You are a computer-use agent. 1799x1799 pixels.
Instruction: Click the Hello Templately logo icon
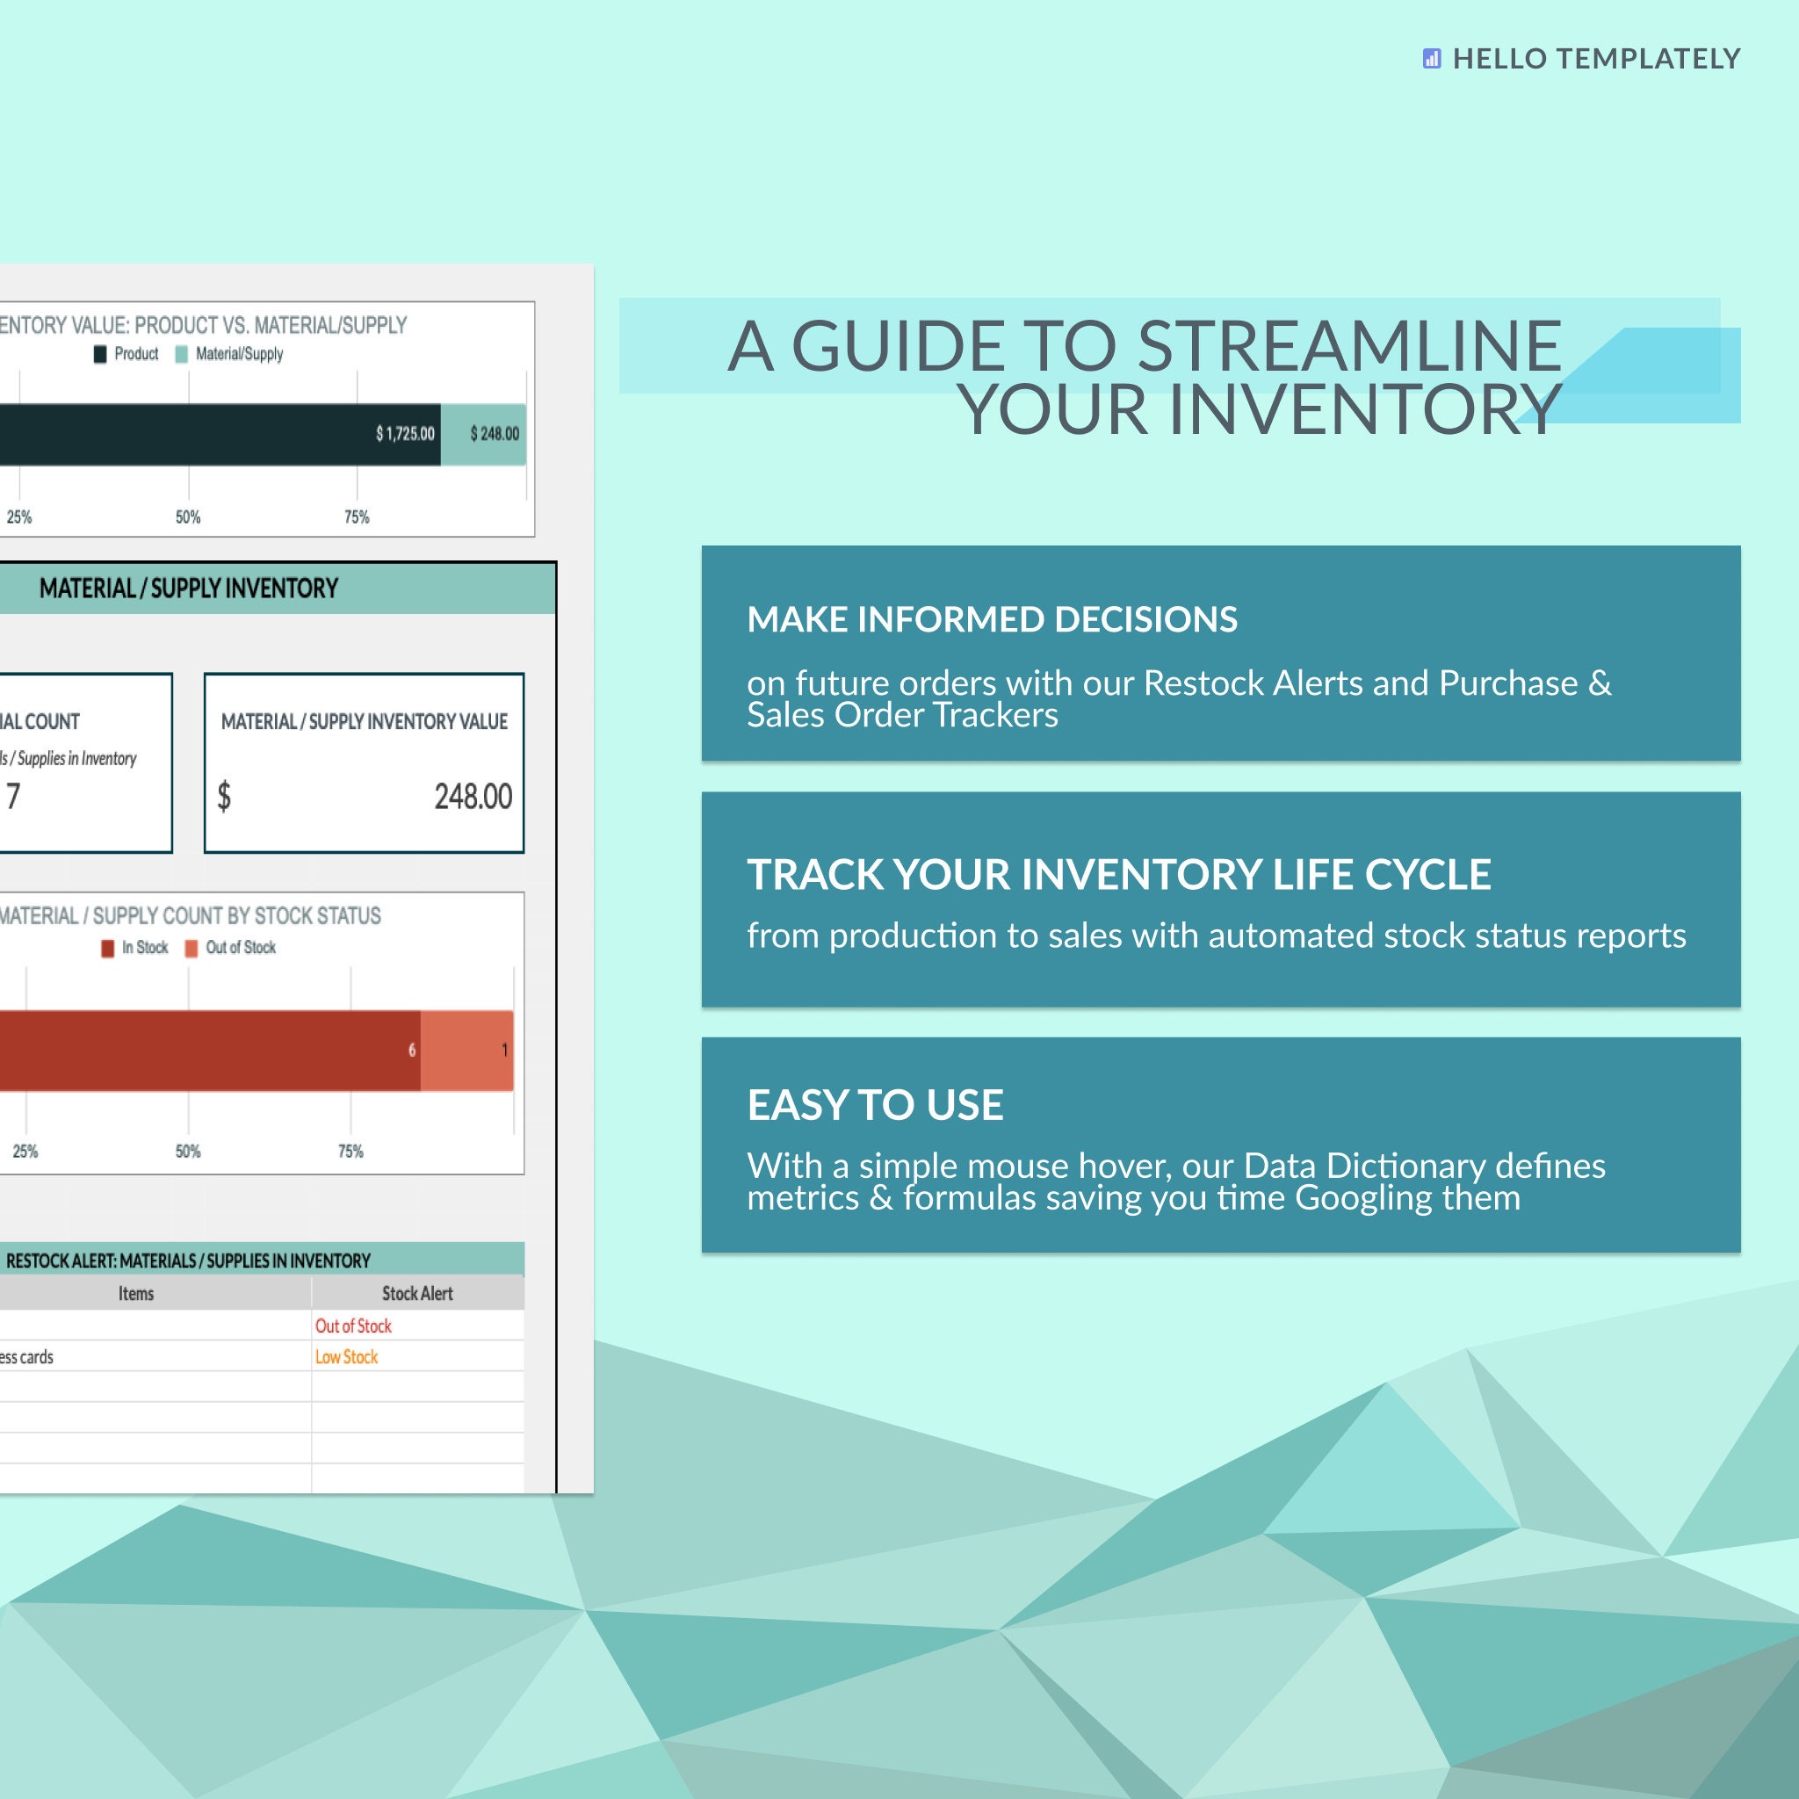(x=1431, y=59)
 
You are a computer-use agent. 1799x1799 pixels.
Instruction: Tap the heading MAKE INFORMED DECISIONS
(x=992, y=619)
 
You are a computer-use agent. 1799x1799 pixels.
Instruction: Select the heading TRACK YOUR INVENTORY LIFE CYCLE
(x=1118, y=874)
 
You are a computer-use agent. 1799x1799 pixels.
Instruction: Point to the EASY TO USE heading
(x=875, y=1105)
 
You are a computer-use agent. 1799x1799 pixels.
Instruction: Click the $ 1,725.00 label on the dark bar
(x=405, y=434)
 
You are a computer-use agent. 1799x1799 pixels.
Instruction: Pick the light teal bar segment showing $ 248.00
(x=484, y=434)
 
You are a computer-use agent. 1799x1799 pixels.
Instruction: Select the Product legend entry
(x=126, y=354)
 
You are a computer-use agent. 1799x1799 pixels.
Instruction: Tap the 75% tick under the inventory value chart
(x=357, y=517)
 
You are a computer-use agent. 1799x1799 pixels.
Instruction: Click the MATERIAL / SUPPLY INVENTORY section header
(x=188, y=589)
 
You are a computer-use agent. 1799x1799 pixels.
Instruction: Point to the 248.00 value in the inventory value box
(x=473, y=797)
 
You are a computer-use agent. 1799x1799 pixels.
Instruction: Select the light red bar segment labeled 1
(x=467, y=1051)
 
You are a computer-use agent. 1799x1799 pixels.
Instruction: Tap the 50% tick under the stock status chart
(x=188, y=1152)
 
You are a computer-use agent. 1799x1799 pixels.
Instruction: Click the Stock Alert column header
(x=417, y=1293)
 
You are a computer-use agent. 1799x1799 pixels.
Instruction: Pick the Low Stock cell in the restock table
(x=346, y=1356)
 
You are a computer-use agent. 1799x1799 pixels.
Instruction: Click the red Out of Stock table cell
(x=353, y=1326)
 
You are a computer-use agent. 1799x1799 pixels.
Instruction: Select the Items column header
(x=136, y=1293)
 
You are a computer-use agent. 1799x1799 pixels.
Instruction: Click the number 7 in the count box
(x=13, y=797)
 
